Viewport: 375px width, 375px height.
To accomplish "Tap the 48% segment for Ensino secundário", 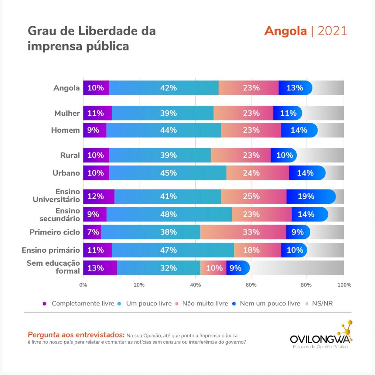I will click(x=169, y=214).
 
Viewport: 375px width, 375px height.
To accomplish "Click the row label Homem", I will click(x=65, y=130).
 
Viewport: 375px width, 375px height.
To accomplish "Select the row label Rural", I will click(x=70, y=155).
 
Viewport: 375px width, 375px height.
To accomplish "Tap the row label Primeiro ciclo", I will click(x=54, y=232).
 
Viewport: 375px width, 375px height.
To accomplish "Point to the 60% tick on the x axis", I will click(x=251, y=285).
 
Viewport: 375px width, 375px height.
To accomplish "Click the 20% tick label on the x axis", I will click(x=139, y=285).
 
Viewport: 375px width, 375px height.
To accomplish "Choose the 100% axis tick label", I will click(x=345, y=285).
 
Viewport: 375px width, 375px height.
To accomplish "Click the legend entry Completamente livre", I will click(x=82, y=304).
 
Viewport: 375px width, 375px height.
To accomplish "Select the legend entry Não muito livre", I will click(x=205, y=304).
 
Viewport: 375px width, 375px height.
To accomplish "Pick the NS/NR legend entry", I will click(x=322, y=304).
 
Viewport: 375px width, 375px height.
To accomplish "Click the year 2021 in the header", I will click(x=332, y=31).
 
